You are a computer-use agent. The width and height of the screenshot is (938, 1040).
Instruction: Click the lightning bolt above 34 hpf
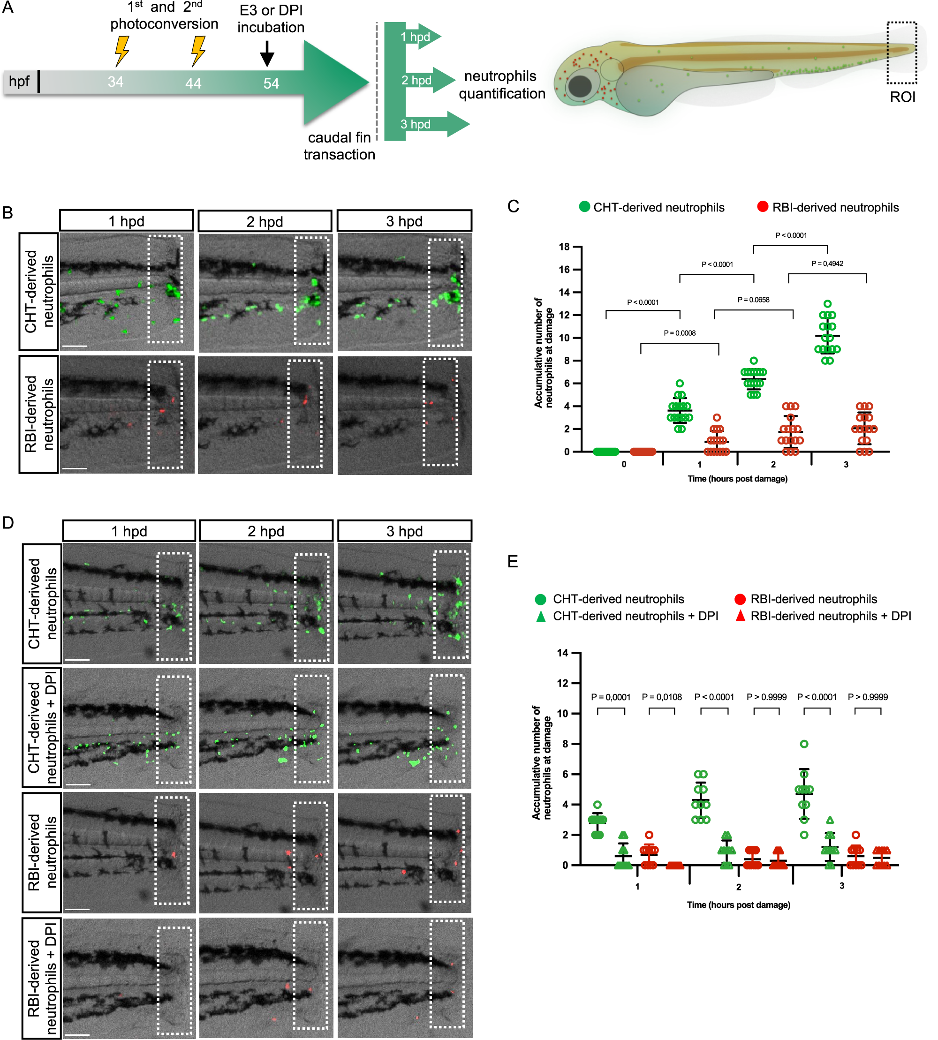pyautogui.click(x=121, y=51)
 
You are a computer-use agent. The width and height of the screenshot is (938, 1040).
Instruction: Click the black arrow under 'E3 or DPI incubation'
pyautogui.click(x=267, y=53)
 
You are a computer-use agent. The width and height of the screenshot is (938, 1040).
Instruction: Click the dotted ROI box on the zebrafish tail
pyautogui.click(x=901, y=53)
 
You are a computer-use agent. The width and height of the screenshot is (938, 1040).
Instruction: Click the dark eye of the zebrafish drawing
pyautogui.click(x=580, y=87)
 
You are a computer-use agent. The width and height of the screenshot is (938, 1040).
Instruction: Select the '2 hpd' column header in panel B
pyautogui.click(x=265, y=222)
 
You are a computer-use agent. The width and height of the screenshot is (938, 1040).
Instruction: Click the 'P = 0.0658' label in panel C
pyautogui.click(x=753, y=300)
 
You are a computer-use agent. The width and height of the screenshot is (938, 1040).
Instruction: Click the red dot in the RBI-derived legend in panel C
pyautogui.click(x=762, y=207)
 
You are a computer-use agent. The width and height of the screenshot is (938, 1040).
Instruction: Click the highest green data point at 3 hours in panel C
pyautogui.click(x=827, y=304)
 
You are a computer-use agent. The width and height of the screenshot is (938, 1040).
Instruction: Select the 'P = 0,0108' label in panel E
pyautogui.click(x=662, y=697)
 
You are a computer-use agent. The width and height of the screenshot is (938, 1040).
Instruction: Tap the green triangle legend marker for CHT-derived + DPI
pyautogui.click(x=541, y=617)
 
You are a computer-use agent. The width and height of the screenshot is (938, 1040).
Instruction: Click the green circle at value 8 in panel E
pyautogui.click(x=804, y=744)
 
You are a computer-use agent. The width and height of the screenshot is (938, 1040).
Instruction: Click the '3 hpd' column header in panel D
pyautogui.click(x=405, y=531)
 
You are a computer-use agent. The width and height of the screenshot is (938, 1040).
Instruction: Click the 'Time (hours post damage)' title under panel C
pyautogui.click(x=737, y=479)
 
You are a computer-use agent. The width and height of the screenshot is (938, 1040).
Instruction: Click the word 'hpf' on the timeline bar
pyautogui.click(x=20, y=82)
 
